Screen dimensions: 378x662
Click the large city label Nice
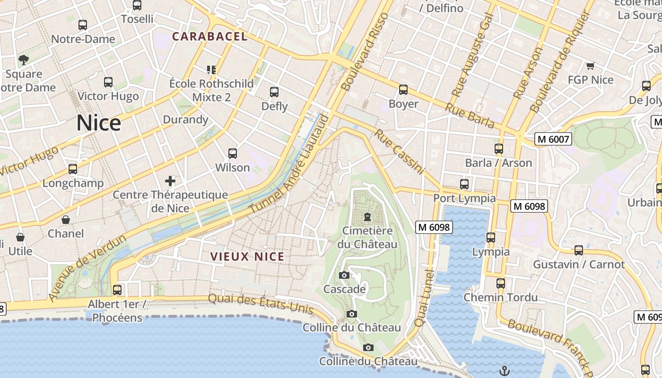[x=99, y=123]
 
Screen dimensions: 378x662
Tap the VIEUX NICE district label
[x=247, y=257]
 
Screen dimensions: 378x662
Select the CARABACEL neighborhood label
[x=209, y=36]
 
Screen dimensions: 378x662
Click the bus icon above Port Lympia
[x=464, y=184]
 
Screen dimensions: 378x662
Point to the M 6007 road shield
[x=553, y=139]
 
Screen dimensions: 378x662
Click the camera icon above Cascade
[x=344, y=275]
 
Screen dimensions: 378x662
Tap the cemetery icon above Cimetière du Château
[x=367, y=217]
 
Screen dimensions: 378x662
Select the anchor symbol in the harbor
[x=505, y=370]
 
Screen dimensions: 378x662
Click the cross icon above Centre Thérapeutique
[x=170, y=180]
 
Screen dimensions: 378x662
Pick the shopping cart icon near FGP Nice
[x=590, y=66]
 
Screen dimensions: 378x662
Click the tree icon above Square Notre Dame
[x=23, y=60]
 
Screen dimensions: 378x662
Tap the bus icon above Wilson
[x=232, y=154]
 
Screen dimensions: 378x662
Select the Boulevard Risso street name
[x=364, y=52]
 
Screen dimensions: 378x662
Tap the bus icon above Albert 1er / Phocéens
[x=117, y=290]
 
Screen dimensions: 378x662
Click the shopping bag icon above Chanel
[x=66, y=220]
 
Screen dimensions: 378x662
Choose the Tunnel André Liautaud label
[x=288, y=163]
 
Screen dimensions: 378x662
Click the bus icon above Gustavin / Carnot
[x=579, y=250]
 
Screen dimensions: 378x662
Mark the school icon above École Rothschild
[x=211, y=70]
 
